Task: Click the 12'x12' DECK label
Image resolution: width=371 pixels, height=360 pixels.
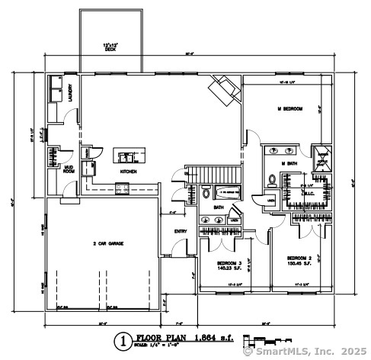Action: [x=110, y=47]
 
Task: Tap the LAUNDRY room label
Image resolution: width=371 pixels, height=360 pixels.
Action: [x=70, y=92]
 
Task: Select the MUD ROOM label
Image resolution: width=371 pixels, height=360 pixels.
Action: [x=69, y=168]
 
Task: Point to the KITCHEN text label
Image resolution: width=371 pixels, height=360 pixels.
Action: [x=128, y=172]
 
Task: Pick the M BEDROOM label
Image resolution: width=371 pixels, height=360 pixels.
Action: [x=290, y=110]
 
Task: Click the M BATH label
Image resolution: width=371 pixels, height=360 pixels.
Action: [x=289, y=163]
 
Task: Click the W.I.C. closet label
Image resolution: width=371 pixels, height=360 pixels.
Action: [x=309, y=193]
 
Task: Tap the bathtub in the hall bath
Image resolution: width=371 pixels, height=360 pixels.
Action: [x=227, y=191]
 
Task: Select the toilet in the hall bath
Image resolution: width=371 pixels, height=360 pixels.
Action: [x=206, y=194]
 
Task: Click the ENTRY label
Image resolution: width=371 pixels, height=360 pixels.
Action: [x=181, y=231]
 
